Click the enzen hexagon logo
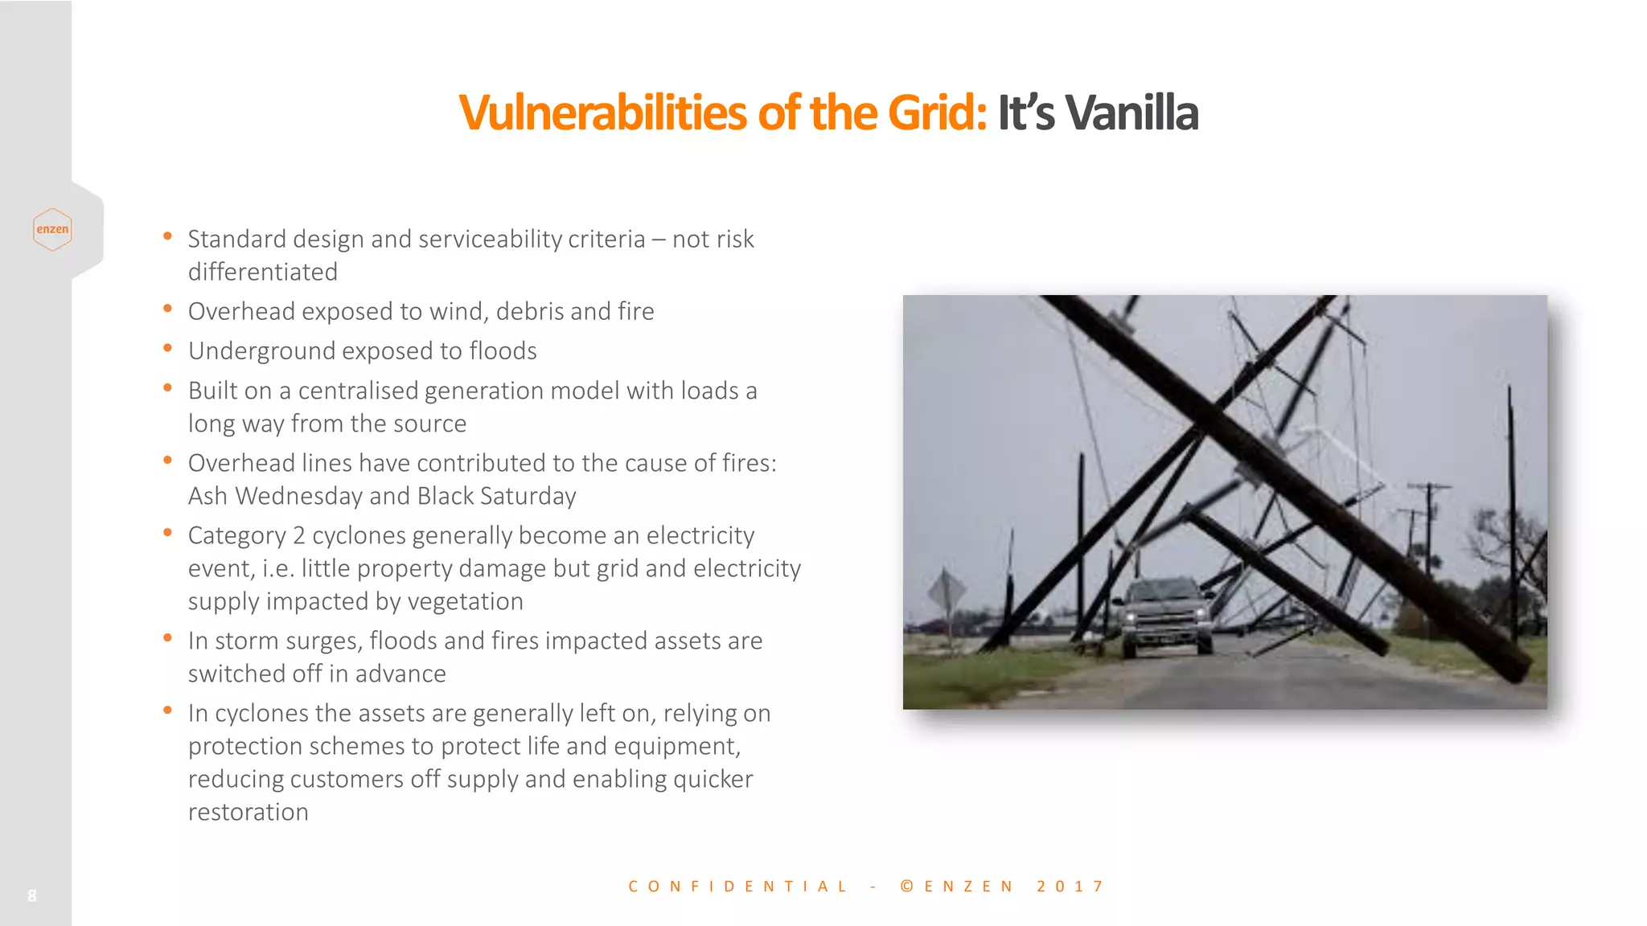coord(52,229)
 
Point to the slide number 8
coord(32,895)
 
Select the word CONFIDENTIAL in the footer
coord(737,887)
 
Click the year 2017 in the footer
coord(1070,887)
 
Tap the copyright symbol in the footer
coord(907,887)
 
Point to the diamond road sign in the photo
coord(946,592)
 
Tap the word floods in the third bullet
coord(503,351)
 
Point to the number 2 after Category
coord(298,535)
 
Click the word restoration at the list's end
coord(248,812)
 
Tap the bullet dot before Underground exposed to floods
coord(167,348)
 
